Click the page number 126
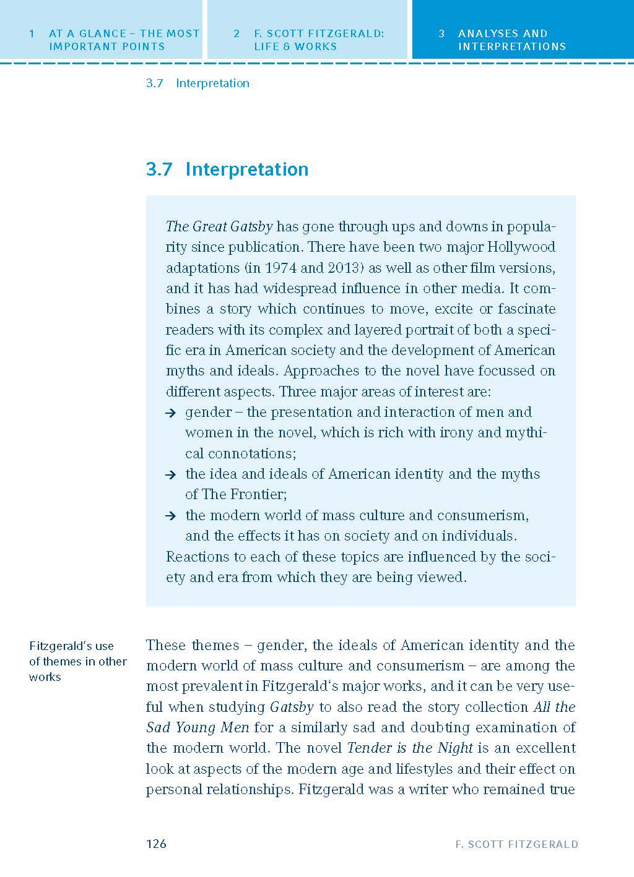tap(156, 844)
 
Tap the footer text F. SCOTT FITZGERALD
tap(516, 844)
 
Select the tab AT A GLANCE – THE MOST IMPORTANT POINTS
tap(115, 40)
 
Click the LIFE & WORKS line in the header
tap(295, 46)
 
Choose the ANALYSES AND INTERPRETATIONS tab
tap(511, 40)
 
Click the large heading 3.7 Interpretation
tap(227, 169)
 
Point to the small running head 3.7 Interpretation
tap(198, 83)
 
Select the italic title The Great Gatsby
tap(219, 226)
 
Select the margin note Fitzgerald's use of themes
tap(77, 661)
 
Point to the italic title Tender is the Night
tap(410, 748)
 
